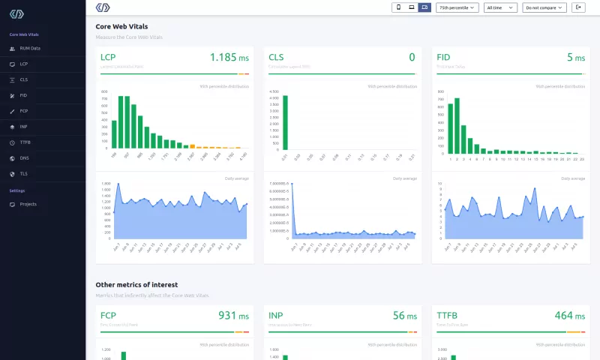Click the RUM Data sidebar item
point(30,48)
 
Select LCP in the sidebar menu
point(24,64)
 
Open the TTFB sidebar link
point(25,142)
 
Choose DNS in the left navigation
point(24,157)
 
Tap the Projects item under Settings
point(28,204)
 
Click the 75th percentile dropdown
point(457,7)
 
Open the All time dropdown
point(501,7)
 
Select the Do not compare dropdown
point(544,7)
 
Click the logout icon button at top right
point(578,7)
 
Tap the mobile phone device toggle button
point(399,7)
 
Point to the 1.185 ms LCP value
point(229,57)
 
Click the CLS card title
point(276,57)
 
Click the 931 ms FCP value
point(232,316)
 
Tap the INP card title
point(276,316)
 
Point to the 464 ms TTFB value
point(568,316)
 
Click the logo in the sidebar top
point(16,14)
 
